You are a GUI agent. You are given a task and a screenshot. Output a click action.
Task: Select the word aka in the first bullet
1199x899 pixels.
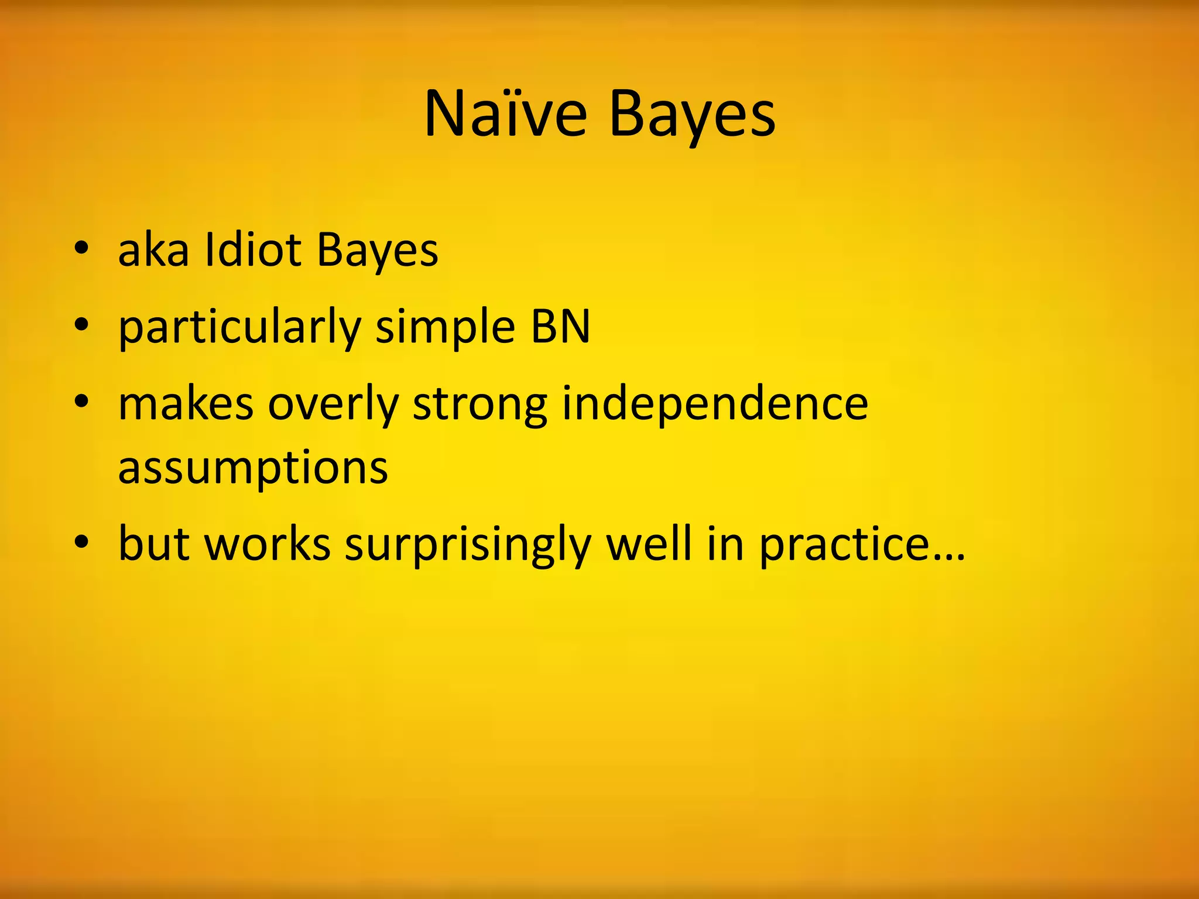coord(153,251)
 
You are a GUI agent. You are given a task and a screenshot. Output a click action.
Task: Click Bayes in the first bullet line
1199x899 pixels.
coord(377,251)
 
